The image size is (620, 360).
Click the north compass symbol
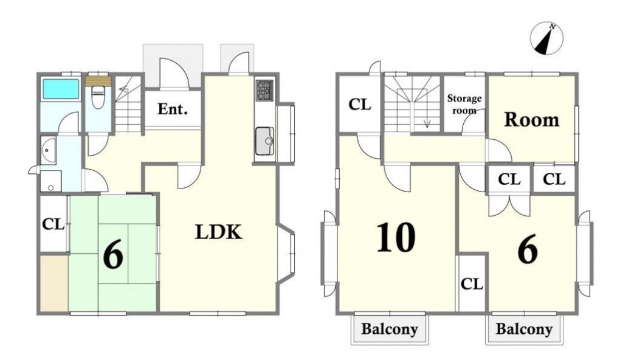(547, 38)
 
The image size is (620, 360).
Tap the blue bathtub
(61, 89)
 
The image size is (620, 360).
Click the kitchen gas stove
(264, 90)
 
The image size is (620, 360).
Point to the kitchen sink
(264, 141)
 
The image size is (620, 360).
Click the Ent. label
(173, 109)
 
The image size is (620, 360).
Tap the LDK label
(219, 232)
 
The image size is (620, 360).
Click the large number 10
(396, 237)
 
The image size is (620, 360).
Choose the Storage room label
(464, 104)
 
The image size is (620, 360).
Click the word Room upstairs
(531, 119)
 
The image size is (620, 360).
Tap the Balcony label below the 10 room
(390, 329)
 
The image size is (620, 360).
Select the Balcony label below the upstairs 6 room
(524, 329)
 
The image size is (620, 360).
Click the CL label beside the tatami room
(53, 225)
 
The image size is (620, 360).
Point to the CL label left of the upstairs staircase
(360, 105)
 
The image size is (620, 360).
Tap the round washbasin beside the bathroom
(47, 150)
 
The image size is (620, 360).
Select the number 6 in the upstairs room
(528, 249)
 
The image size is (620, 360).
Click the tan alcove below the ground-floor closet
(53, 283)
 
